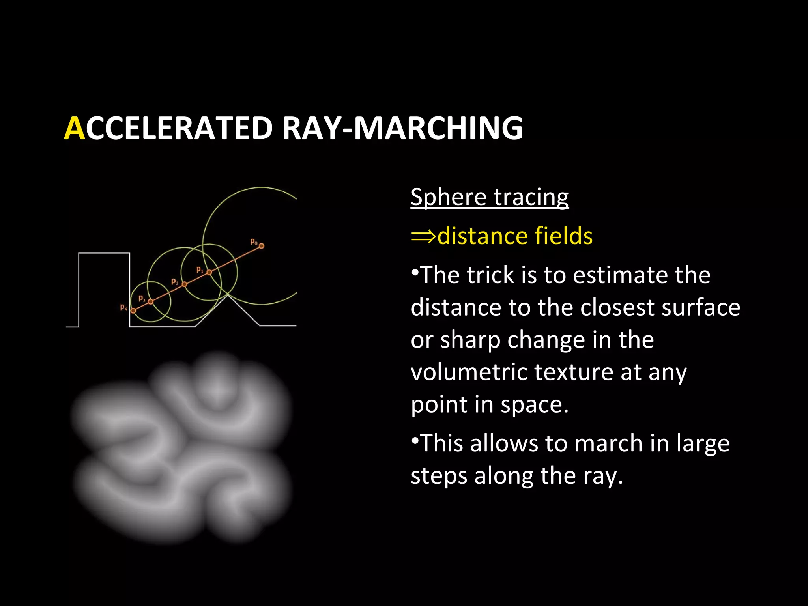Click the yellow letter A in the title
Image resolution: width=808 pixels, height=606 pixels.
pos(74,129)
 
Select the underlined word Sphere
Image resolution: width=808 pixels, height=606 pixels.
pos(448,197)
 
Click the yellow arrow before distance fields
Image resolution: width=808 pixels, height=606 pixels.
pos(423,236)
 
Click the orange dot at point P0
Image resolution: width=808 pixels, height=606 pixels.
pos(261,246)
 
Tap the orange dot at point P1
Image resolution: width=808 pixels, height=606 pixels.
pos(209,272)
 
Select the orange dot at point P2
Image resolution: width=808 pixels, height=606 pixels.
pos(184,284)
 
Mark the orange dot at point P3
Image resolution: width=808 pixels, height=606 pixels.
pos(151,301)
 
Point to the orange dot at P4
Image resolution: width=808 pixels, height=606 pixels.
pos(133,311)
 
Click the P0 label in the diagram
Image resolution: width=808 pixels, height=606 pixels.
pos(254,241)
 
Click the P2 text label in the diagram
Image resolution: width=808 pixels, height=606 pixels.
pos(174,282)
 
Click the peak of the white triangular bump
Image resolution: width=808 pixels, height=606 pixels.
pos(227,295)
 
